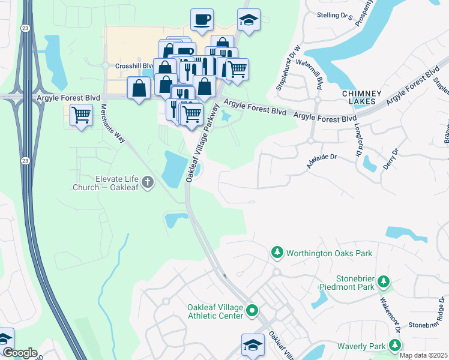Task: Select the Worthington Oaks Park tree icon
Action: [277, 253]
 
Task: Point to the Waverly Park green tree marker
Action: [395, 346]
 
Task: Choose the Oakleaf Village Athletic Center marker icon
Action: [253, 311]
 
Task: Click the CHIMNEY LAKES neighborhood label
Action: [361, 98]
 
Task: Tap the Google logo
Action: [19, 353]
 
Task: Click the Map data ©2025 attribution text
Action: [424, 355]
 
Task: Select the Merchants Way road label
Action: [113, 123]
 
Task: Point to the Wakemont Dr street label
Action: [388, 311]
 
